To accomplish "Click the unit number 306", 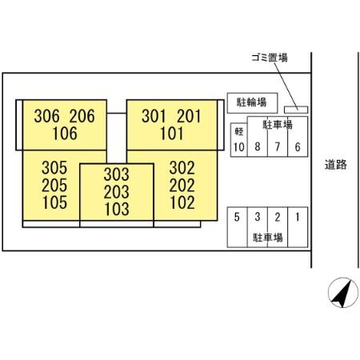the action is [x=46, y=116].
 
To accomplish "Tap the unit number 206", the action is [x=82, y=116].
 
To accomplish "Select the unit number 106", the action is [x=65, y=134].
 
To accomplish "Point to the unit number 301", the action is [x=154, y=116].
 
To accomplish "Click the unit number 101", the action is [x=171, y=134].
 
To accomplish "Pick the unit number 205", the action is [x=54, y=186].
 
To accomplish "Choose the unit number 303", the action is [x=117, y=174].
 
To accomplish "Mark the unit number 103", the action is [x=117, y=209].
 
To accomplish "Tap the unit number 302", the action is [x=182, y=168].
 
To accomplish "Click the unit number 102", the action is [x=182, y=202].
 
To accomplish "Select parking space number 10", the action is [x=239, y=147].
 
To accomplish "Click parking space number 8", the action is [x=258, y=146].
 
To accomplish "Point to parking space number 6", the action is [x=298, y=147].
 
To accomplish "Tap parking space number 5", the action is [x=237, y=217].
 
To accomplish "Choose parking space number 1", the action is [x=298, y=217].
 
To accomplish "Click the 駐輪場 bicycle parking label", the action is [x=252, y=102].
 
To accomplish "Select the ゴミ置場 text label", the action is [x=270, y=58].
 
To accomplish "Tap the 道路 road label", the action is [x=336, y=165].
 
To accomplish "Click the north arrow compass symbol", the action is [x=343, y=293].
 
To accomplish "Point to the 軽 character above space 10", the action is [x=238, y=131].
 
